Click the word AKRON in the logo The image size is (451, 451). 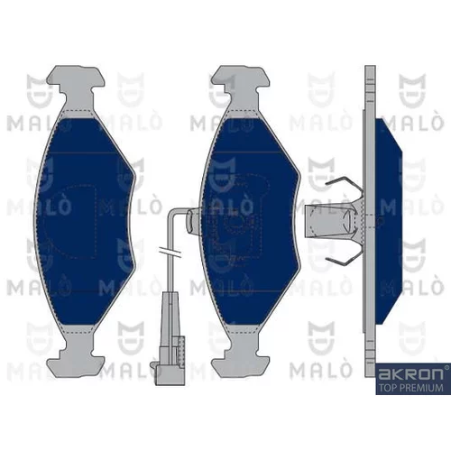pyautogui.click(x=410, y=374)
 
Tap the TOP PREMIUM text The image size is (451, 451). pyautogui.click(x=410, y=388)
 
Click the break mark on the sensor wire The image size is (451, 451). pyautogui.click(x=170, y=253)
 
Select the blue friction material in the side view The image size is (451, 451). pyautogui.click(x=389, y=221)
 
